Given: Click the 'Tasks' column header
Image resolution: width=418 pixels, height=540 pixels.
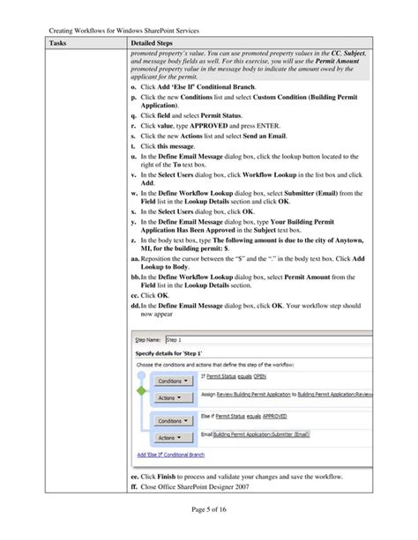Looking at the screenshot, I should pyautogui.click(x=59, y=42).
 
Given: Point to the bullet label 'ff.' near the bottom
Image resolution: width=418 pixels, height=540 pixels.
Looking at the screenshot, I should pyautogui.click(x=134, y=485).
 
